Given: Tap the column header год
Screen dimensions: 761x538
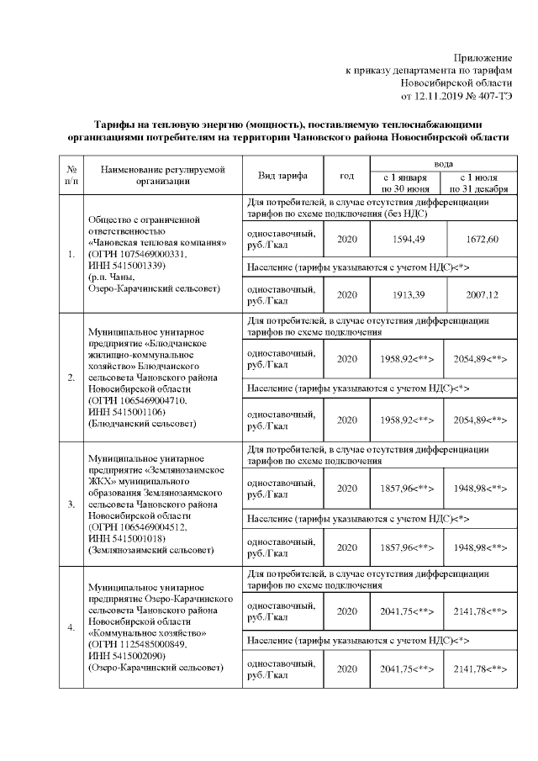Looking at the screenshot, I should coord(346,176).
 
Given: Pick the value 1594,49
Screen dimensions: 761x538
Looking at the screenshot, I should coord(408,240).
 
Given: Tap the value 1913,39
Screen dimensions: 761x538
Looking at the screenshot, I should coord(408,296).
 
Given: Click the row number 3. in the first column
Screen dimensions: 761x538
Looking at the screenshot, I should coord(71,504).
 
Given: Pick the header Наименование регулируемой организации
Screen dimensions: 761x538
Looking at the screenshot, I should coord(162,176).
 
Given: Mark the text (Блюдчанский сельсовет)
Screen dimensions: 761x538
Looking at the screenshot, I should coord(140,425).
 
